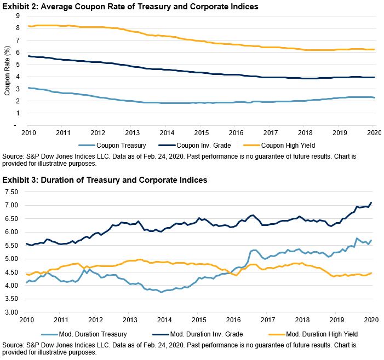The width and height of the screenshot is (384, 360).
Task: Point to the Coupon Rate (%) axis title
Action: [x=7, y=71]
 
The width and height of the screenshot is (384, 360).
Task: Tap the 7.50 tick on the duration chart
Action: [x=13, y=192]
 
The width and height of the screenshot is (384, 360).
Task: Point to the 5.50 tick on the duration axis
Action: [x=13, y=245]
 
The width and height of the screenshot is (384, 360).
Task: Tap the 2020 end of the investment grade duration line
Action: [x=371, y=203]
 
